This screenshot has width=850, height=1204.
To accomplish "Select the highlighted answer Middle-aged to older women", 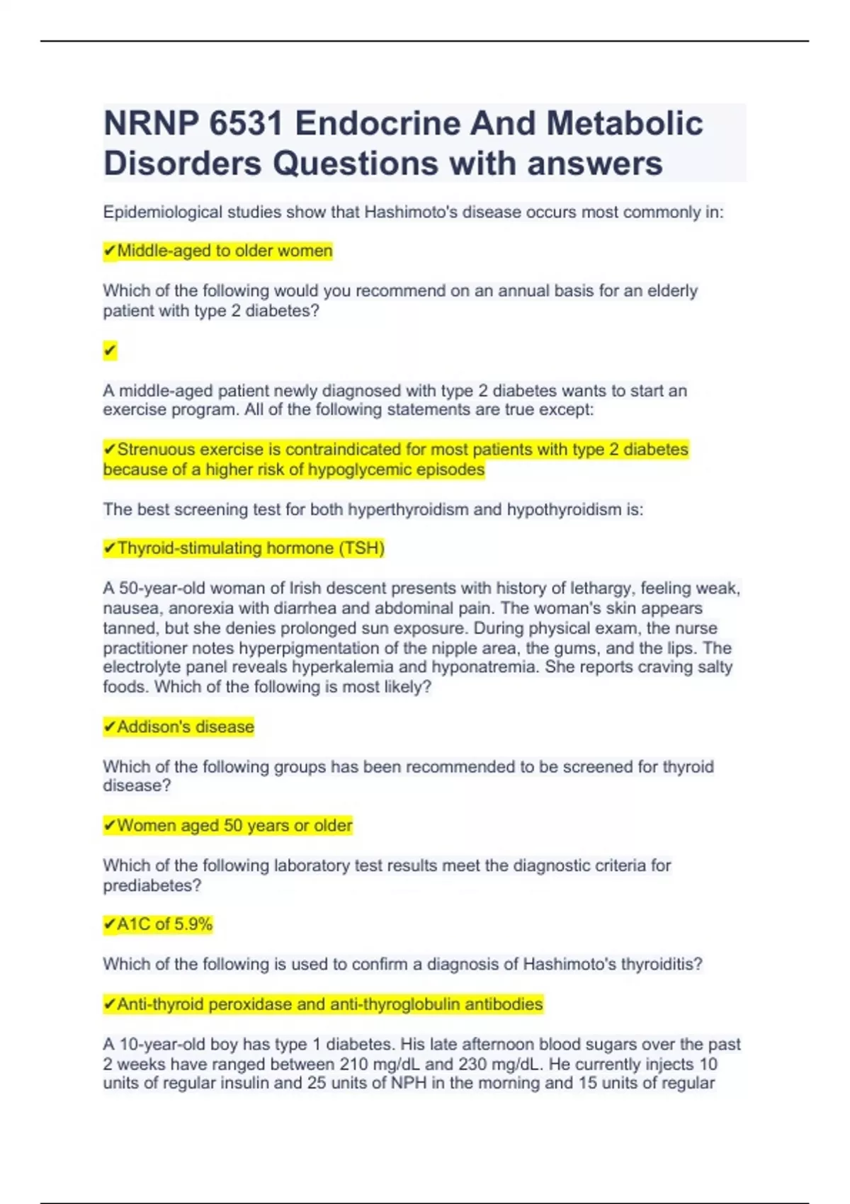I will (218, 251).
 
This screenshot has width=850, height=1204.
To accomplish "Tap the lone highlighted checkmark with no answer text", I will (110, 351).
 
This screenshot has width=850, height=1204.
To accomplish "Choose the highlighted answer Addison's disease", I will (179, 727).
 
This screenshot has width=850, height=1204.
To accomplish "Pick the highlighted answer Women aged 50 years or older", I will (228, 826).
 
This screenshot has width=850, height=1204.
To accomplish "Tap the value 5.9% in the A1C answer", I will (193, 924).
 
